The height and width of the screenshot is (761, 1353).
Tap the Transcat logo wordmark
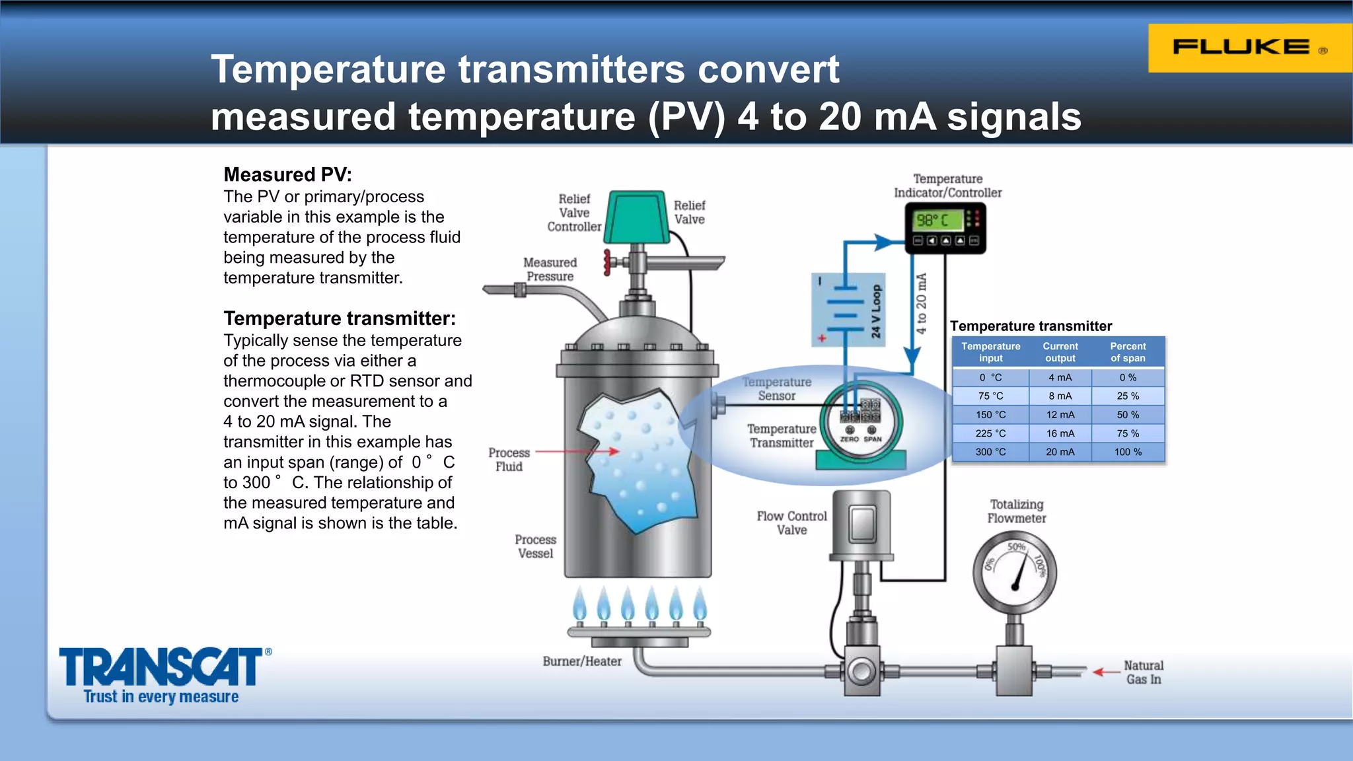click(x=162, y=667)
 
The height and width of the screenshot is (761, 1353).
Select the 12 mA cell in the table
click(x=1060, y=415)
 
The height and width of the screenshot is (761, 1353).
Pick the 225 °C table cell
click(x=990, y=433)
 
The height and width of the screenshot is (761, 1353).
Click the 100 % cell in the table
click(x=1128, y=452)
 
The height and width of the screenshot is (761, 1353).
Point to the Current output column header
click(x=1060, y=352)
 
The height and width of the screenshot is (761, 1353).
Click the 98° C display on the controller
click(x=937, y=220)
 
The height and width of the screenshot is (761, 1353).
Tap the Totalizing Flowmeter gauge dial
click(x=1015, y=572)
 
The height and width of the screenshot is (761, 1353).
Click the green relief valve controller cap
click(x=636, y=217)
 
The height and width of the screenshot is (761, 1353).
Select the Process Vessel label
click(x=535, y=546)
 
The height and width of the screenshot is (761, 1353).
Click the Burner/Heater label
click(x=582, y=661)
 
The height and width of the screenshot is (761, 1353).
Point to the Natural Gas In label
click(x=1144, y=672)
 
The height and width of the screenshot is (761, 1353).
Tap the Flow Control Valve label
click(x=791, y=523)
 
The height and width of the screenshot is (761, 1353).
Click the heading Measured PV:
click(x=287, y=174)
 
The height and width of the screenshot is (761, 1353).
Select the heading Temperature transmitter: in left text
click(x=340, y=318)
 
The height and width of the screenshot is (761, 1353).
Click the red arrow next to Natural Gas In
click(x=1105, y=672)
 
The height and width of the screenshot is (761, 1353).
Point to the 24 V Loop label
click(x=876, y=311)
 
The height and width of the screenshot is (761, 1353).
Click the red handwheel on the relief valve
click(x=607, y=262)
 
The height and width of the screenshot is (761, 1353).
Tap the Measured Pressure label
click(x=550, y=270)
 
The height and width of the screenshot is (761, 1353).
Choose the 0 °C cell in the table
click(x=990, y=378)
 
